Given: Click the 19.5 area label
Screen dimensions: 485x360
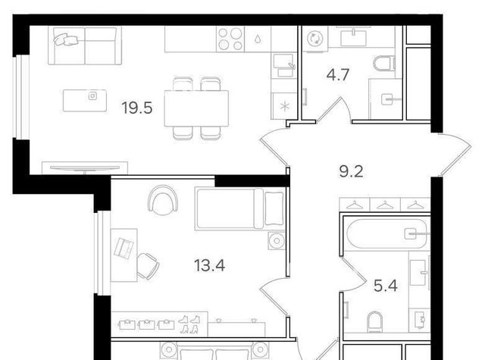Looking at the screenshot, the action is click(x=137, y=108).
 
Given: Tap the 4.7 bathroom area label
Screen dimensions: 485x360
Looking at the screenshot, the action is click(x=338, y=75).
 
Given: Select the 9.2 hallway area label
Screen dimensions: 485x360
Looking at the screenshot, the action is click(x=351, y=171).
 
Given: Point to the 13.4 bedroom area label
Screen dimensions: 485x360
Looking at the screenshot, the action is click(x=209, y=265).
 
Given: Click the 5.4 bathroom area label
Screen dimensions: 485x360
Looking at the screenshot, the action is click(x=386, y=286).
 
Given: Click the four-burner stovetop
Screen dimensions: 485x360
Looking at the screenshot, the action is click(x=230, y=39).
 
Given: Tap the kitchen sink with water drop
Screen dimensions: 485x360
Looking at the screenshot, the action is click(x=258, y=39).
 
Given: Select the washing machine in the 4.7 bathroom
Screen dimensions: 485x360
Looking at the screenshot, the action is click(x=315, y=39).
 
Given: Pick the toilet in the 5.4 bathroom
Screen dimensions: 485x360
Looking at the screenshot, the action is click(x=374, y=322).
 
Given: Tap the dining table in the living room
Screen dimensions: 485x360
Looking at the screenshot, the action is click(x=196, y=108).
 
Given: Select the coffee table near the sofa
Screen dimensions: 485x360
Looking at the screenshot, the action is click(x=85, y=101).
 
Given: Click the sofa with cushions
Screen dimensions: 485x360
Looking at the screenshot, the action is click(x=85, y=45).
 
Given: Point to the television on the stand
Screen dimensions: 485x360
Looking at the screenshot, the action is click(x=85, y=168).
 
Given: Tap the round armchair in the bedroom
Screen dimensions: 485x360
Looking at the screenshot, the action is click(x=163, y=200).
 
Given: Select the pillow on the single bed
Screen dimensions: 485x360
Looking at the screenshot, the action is click(x=274, y=208).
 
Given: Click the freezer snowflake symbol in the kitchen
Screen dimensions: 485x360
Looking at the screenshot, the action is click(x=284, y=107).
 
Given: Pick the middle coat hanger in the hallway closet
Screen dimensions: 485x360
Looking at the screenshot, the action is click(x=385, y=205).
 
